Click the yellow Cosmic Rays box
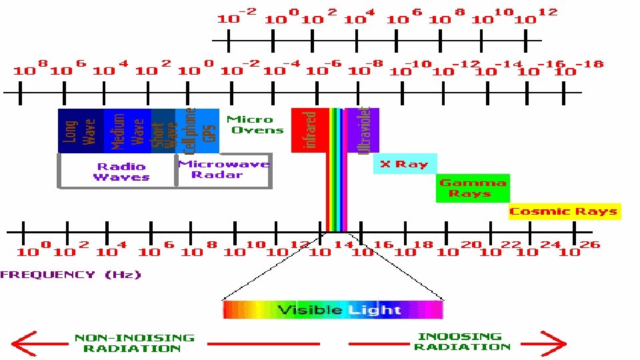pyautogui.click(x=565, y=211)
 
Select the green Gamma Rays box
pyautogui.click(x=473, y=188)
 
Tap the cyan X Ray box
pyautogui.click(x=405, y=163)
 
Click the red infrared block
pyautogui.click(x=310, y=130)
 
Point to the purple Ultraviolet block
pyautogui.click(x=365, y=130)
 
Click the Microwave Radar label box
pyautogui.click(x=224, y=171)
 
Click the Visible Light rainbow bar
pyautogui.click(x=333, y=309)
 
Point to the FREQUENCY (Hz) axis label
pyautogui.click(x=71, y=274)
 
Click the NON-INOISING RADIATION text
pyautogui.click(x=135, y=343)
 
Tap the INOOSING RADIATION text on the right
pyautogui.click(x=461, y=341)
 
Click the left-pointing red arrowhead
pyautogui.click(x=24, y=343)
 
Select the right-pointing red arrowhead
pyautogui.click(x=555, y=343)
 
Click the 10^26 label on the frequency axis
pyautogui.click(x=579, y=249)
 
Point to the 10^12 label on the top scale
pyautogui.click(x=537, y=16)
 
